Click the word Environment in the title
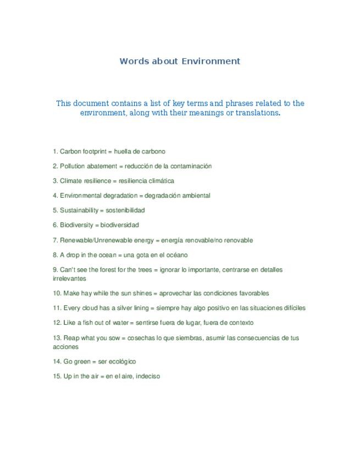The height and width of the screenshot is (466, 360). coord(211,61)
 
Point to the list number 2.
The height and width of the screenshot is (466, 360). coord(55,166)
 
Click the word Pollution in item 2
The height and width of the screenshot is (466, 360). coord(73,166)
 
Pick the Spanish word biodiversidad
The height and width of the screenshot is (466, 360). coord(120,225)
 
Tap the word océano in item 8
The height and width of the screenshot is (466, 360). coord(176,255)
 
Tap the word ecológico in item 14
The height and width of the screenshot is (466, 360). coord(121,362)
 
